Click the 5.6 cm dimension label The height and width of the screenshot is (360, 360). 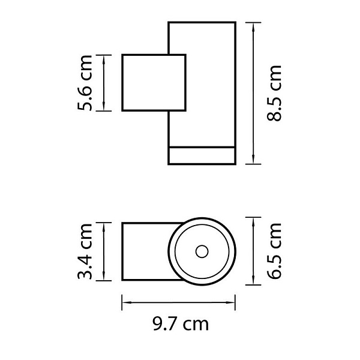point(85,83)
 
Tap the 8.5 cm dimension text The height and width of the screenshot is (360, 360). point(274,93)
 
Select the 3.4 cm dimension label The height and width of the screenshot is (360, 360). point(85,251)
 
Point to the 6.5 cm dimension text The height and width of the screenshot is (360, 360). point(274,251)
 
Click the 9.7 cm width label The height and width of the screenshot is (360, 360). point(181,324)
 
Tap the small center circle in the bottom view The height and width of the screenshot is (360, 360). point(202,251)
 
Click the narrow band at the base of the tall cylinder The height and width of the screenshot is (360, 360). point(202,155)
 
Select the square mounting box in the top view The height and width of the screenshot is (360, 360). point(154,83)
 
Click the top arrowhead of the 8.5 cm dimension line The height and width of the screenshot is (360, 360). point(253,27)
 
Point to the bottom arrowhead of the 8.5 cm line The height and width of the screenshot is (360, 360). point(253,160)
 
